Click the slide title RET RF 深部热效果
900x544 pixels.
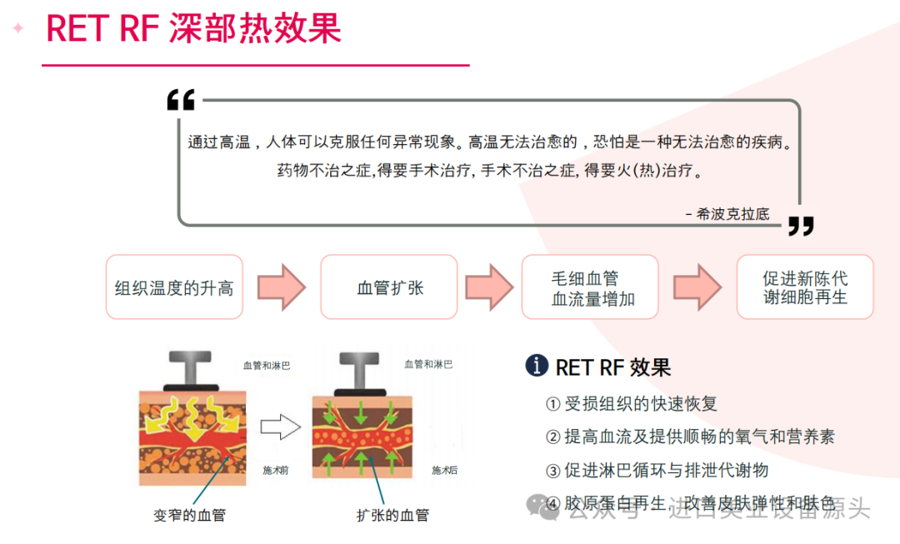tap(193, 27)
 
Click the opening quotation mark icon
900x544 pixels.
tap(181, 100)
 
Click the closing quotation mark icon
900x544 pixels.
tap(800, 226)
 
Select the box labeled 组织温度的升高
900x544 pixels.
tap(174, 287)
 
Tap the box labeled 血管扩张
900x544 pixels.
tap(390, 287)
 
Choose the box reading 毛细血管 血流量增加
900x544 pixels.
tap(590, 287)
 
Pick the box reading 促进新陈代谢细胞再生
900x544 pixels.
tap(805, 287)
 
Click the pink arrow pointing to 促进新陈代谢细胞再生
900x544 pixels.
tap(697, 287)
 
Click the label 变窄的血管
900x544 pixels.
tap(189, 515)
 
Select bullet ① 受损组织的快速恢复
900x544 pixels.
tap(631, 404)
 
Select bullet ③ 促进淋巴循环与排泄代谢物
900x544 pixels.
tap(657, 471)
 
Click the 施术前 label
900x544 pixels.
tap(275, 470)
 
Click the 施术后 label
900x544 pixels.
tap(444, 470)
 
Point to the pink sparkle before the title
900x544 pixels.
tap(17, 27)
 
